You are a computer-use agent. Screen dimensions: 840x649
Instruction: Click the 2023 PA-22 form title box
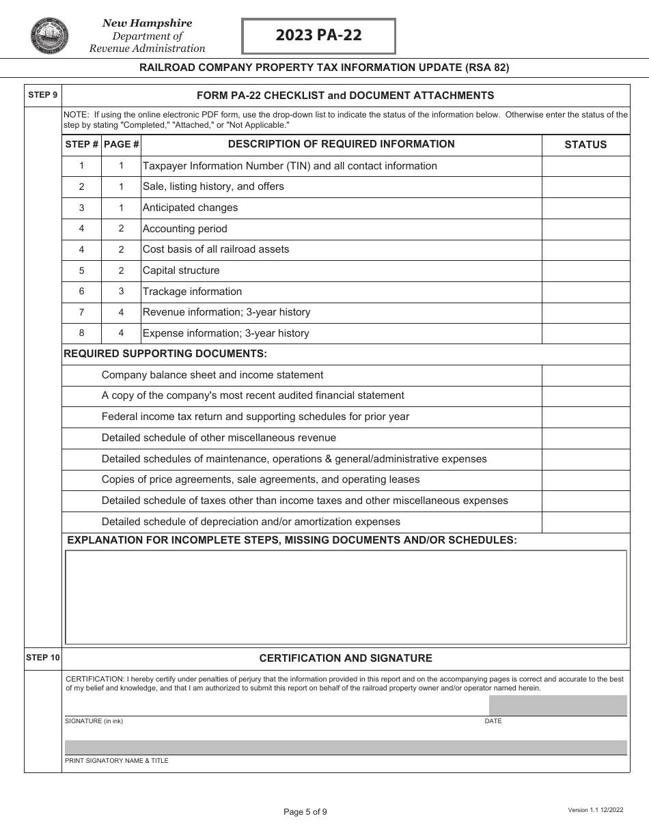pyautogui.click(x=318, y=36)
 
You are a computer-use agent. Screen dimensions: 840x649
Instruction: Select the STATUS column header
pyautogui.click(x=585, y=145)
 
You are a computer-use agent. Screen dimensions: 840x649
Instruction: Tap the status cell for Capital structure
pyautogui.click(x=585, y=270)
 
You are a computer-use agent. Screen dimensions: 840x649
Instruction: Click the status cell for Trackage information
pyautogui.click(x=585, y=292)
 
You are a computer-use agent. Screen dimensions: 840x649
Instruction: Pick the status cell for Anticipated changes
pyautogui.click(x=585, y=208)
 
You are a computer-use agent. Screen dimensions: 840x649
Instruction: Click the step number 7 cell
pyautogui.click(x=81, y=312)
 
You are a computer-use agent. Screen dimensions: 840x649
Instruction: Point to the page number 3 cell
pyautogui.click(x=121, y=292)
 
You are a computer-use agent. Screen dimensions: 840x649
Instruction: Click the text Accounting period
pyautogui.click(x=184, y=229)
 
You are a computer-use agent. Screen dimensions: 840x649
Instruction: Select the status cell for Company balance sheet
pyautogui.click(x=585, y=375)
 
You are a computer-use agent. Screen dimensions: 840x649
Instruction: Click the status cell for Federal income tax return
pyautogui.click(x=585, y=417)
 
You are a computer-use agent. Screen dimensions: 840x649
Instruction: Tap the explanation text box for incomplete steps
pyautogui.click(x=345, y=597)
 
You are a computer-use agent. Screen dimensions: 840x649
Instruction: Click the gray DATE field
pyautogui.click(x=557, y=705)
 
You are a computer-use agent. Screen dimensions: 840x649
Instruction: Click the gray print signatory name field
pyautogui.click(x=345, y=747)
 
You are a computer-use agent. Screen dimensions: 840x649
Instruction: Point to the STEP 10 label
pyautogui.click(x=42, y=658)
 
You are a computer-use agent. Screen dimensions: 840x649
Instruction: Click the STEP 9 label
pyautogui.click(x=42, y=95)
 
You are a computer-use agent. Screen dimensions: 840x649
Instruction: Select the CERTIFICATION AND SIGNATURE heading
pyautogui.click(x=345, y=658)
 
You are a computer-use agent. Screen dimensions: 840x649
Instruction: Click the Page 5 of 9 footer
pyautogui.click(x=305, y=812)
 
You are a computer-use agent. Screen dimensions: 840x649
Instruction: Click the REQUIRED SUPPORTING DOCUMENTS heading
pyautogui.click(x=165, y=354)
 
